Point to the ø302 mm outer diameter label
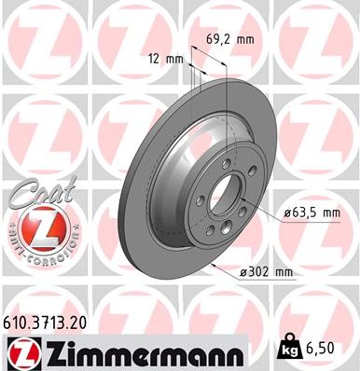click(267, 271)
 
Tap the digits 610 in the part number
click(20, 320)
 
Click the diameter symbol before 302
click(243, 271)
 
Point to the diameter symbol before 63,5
click(286, 213)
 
